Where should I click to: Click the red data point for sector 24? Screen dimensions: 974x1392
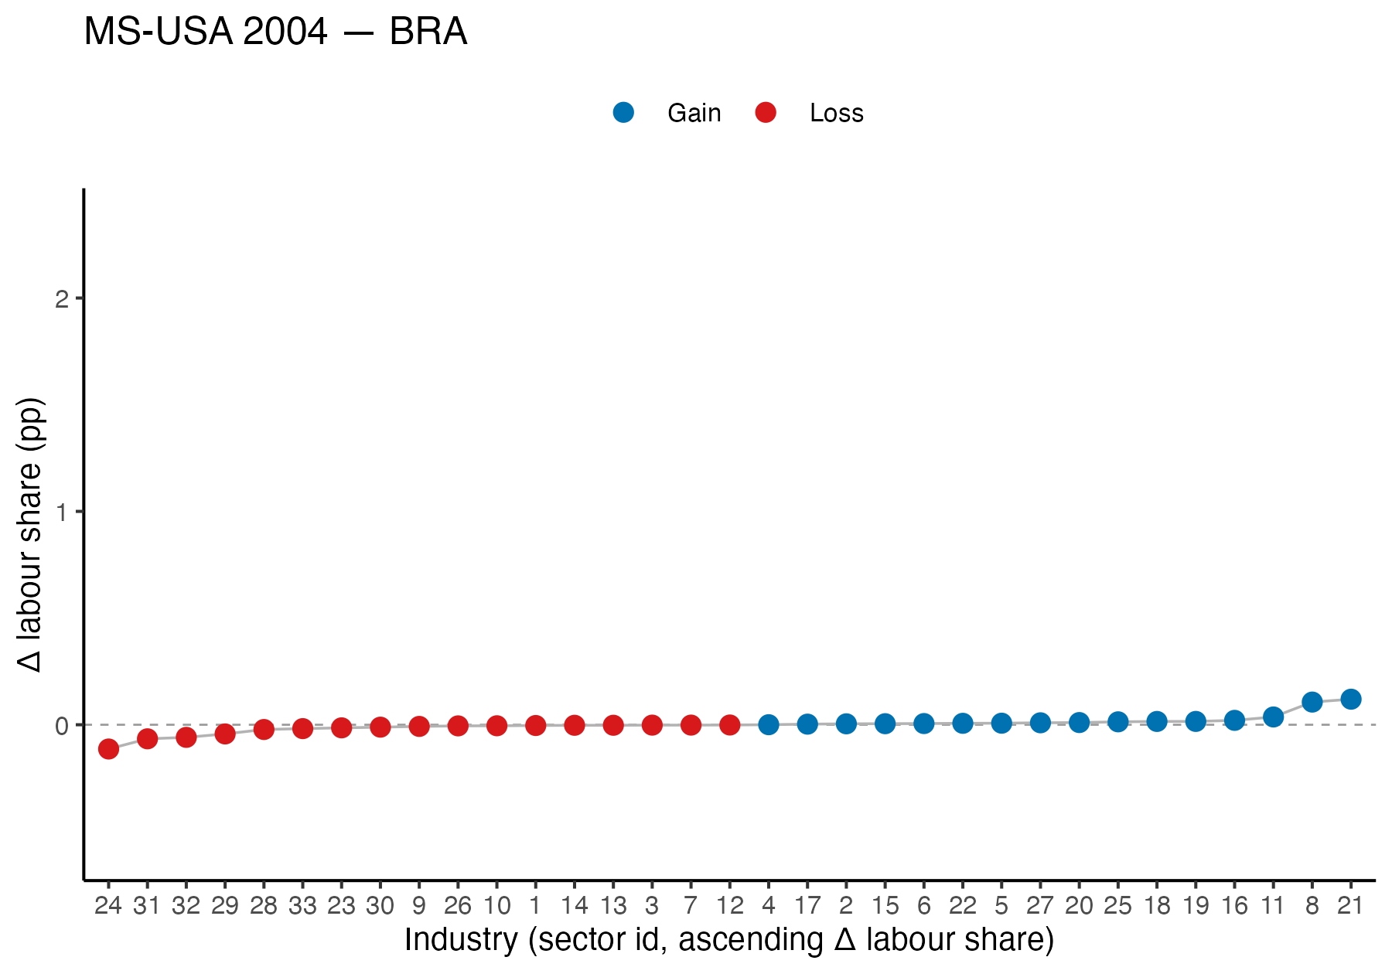(108, 748)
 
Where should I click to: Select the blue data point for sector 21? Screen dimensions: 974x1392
(1350, 699)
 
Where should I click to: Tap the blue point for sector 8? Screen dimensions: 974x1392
(1312, 702)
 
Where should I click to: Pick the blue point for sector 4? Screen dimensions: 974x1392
(768, 724)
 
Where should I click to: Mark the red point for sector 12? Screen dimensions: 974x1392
(729, 724)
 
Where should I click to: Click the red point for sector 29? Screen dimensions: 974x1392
(224, 734)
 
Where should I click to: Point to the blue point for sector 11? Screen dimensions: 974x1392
(1273, 717)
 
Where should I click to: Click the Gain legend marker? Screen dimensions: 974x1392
(623, 113)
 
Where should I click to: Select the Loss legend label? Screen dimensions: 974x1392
(836, 114)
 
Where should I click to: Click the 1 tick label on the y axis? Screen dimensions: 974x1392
(62, 512)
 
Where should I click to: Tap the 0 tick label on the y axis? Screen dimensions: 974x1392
(62, 725)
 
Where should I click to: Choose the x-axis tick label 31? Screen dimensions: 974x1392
(147, 905)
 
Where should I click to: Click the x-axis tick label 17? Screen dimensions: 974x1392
(807, 905)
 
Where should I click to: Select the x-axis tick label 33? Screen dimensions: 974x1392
(302, 905)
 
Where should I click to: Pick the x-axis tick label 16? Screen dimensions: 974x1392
(1234, 905)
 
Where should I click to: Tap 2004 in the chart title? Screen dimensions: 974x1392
(285, 32)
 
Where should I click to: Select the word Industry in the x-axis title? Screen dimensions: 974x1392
(461, 940)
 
